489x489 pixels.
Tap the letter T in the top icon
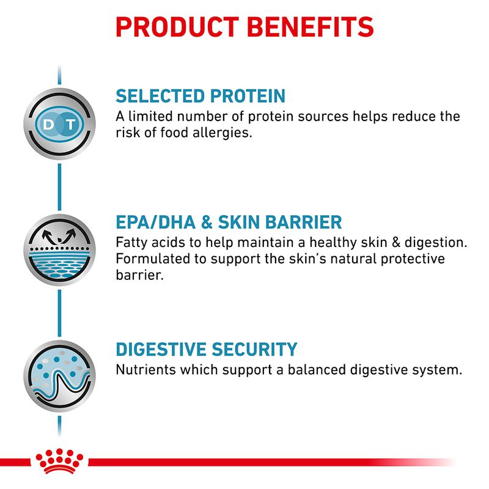(72, 124)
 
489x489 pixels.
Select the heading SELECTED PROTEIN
(200, 96)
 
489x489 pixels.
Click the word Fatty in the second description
(131, 243)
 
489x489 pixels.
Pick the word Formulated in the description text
(151, 259)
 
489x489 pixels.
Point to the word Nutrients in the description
(143, 370)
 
